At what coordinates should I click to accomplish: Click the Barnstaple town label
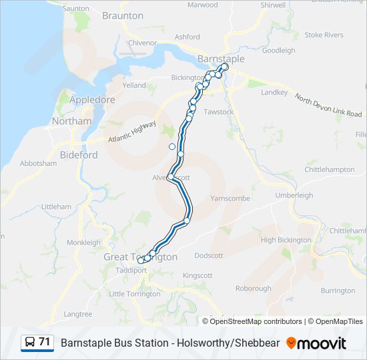[x=222, y=59]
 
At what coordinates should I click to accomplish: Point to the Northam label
[x=72, y=121]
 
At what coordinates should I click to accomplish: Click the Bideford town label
[x=79, y=155]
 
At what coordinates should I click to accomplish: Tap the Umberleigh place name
[x=294, y=195]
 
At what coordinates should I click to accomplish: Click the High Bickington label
[x=286, y=240]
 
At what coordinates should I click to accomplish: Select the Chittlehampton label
[x=330, y=169]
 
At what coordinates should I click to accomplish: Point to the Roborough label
[x=254, y=289]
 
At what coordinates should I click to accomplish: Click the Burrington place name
[x=338, y=291]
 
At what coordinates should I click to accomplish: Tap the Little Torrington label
[x=135, y=294]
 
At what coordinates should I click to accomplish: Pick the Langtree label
[x=77, y=314]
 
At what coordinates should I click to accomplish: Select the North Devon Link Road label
[x=329, y=106]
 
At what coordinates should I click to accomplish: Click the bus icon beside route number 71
[x=30, y=343]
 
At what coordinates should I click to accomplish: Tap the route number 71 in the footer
[x=45, y=342]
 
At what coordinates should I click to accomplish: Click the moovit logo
[x=316, y=343]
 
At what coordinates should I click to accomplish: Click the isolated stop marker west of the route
[x=172, y=147]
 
